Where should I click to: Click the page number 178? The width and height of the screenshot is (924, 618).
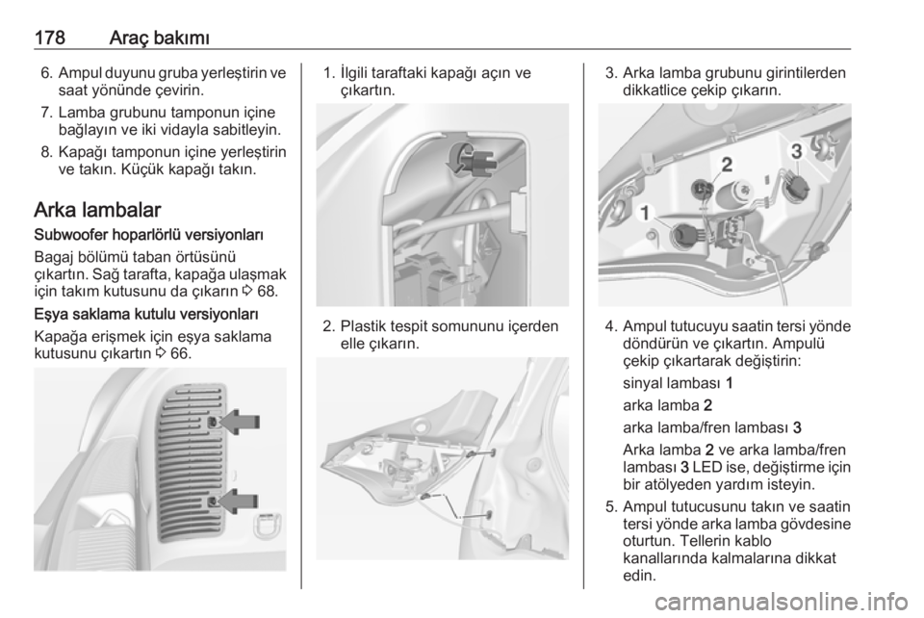click(x=49, y=38)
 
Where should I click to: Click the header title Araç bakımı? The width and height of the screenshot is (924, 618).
click(x=160, y=39)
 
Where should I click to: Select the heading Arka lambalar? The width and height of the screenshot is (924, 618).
click(x=98, y=210)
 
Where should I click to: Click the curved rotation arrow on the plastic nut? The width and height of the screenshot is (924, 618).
click(x=456, y=158)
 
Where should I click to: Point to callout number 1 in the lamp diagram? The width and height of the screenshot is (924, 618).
click(x=646, y=213)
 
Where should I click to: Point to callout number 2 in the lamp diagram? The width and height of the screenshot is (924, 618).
click(x=728, y=164)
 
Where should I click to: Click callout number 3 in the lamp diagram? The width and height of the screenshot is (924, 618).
click(x=796, y=151)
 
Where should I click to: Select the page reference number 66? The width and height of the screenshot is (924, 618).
click(x=182, y=354)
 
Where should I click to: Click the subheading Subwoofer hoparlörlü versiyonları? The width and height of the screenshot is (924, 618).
click(x=148, y=235)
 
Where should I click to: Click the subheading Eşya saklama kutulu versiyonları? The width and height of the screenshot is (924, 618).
click(x=146, y=313)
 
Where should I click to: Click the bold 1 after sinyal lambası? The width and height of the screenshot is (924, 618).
click(x=730, y=383)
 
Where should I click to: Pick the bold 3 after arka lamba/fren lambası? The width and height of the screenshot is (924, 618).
click(x=797, y=427)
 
